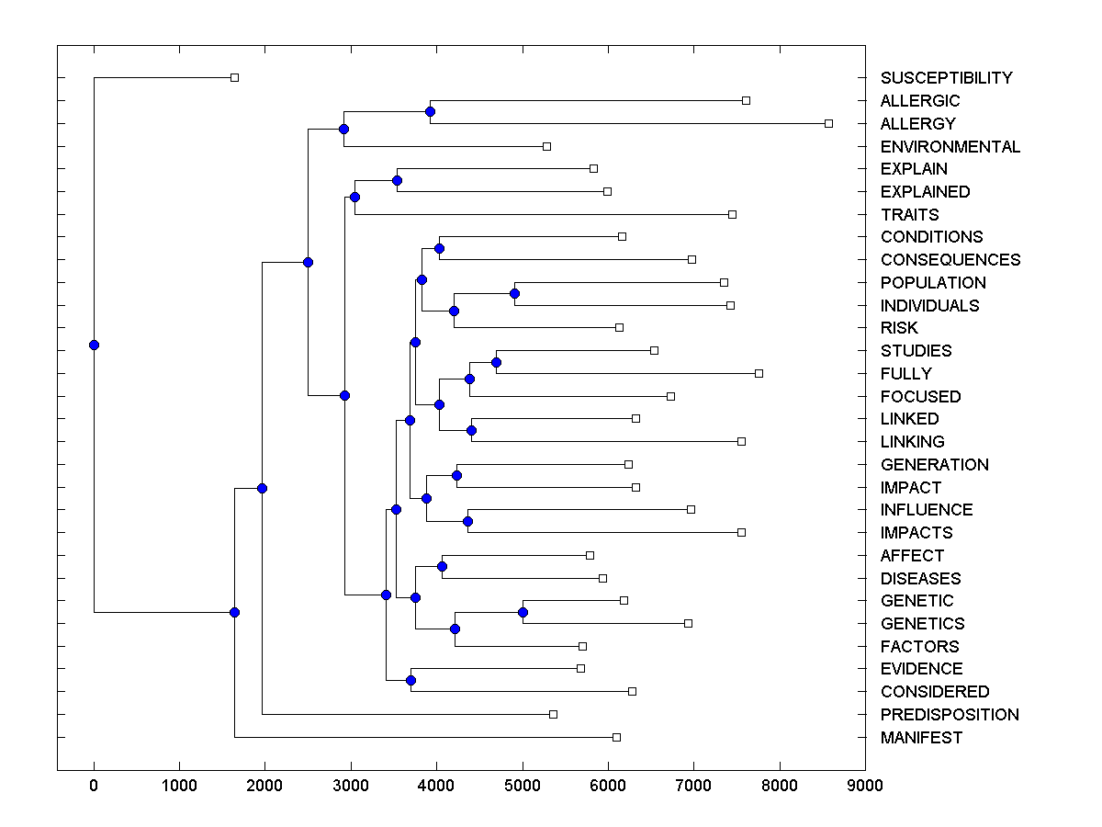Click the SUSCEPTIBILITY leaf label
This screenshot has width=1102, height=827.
coord(946,78)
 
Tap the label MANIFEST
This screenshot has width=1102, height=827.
coord(921,738)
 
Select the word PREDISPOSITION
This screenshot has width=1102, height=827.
coord(950,715)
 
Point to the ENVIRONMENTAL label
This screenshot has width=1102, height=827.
coord(950,147)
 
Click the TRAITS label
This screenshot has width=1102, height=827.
coord(909,215)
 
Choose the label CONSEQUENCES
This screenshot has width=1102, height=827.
coord(950,260)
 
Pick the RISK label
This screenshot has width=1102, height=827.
coord(899,328)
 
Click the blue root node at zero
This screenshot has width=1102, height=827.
coord(94,345)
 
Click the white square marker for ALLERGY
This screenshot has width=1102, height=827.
coord(828,123)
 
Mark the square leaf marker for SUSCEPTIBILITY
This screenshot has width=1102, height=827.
coord(234,77)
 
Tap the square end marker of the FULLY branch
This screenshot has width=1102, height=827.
coord(759,373)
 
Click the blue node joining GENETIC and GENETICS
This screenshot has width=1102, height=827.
coord(523,612)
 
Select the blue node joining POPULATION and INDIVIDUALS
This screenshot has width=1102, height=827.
coord(514,294)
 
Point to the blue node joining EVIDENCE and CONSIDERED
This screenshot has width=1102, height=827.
coord(410,680)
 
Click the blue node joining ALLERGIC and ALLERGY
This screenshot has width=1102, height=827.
coord(430,111)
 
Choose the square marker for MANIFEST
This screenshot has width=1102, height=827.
coord(616,737)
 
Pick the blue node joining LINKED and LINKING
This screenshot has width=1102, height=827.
coord(471,430)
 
